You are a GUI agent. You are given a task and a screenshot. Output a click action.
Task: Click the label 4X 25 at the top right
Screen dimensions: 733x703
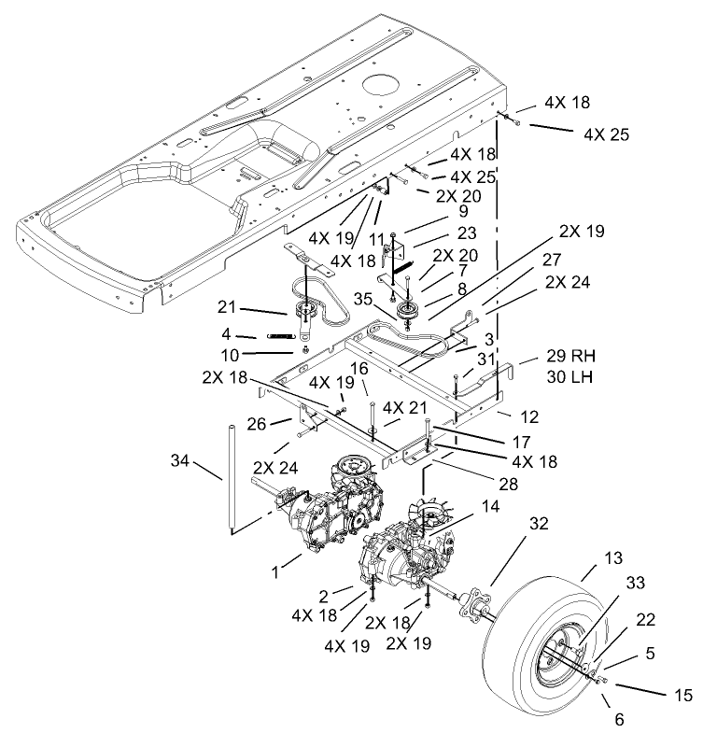[606, 134]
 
